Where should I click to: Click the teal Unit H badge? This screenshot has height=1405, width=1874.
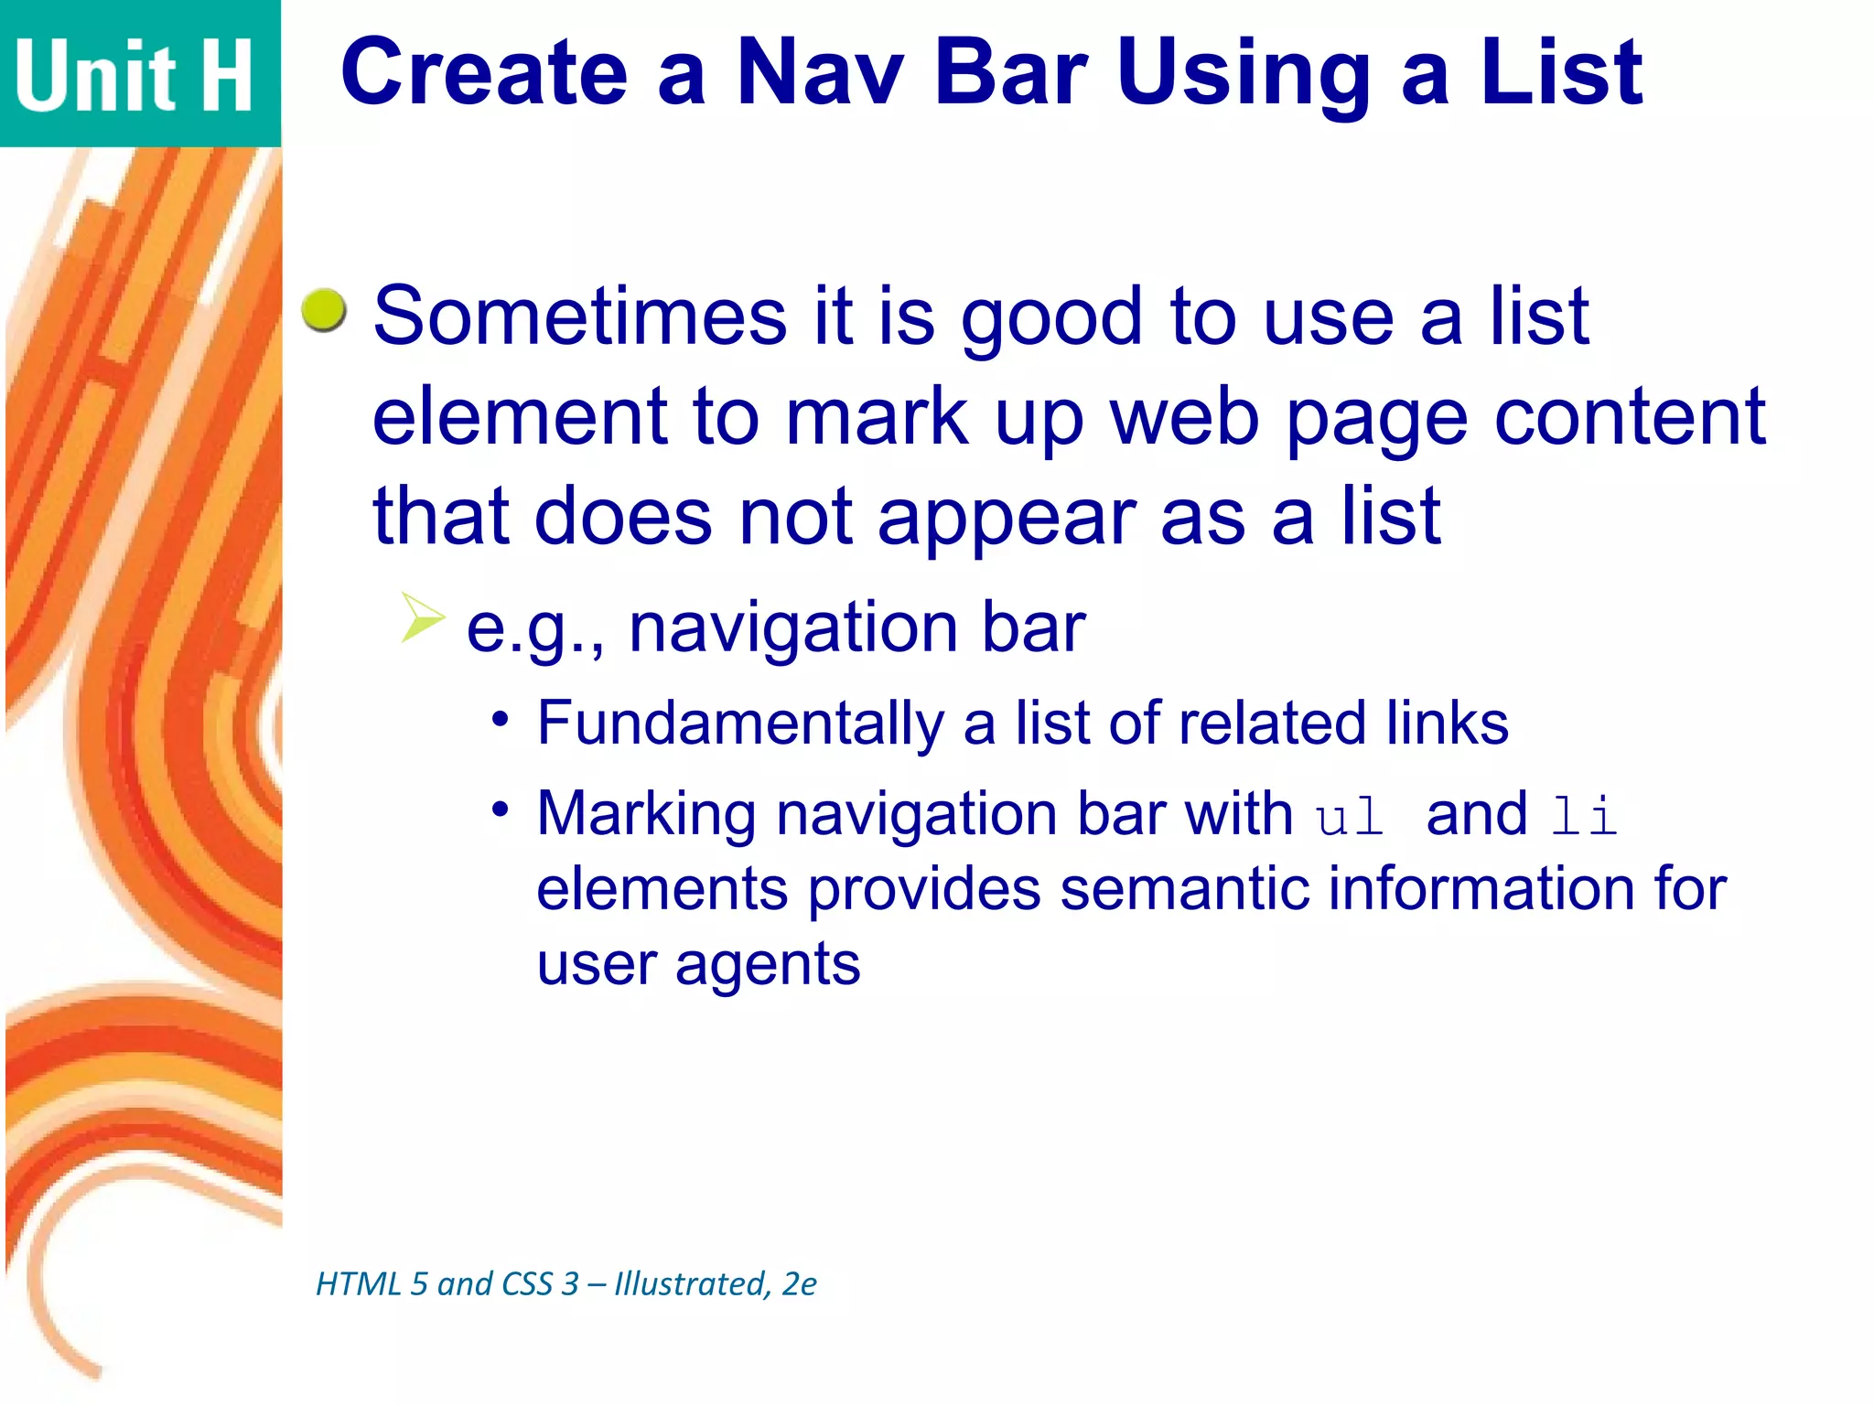[x=137, y=73]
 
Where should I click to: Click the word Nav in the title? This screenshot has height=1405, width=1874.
[x=820, y=73]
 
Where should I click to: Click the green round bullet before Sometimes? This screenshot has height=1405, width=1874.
[x=324, y=310]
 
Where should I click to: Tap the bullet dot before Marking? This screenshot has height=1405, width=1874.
[x=500, y=810]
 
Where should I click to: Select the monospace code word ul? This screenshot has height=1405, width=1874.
[x=1349, y=815]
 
